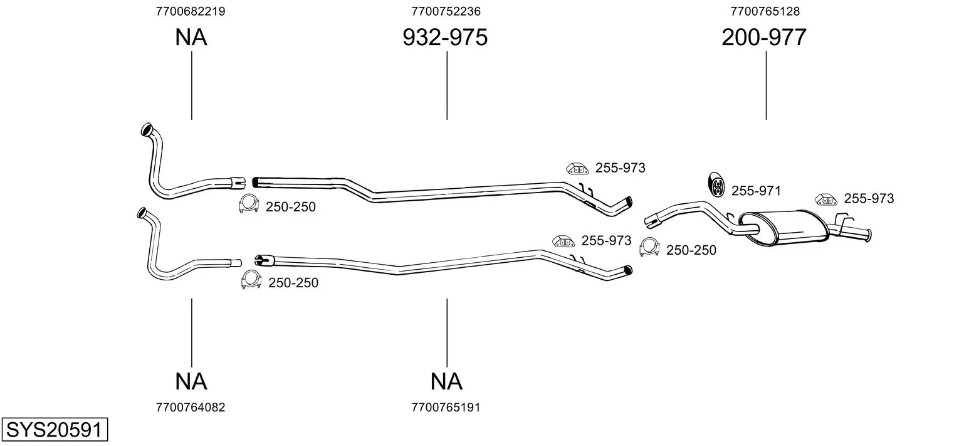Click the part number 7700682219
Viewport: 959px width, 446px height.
point(191,11)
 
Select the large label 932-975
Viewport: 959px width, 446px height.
point(445,37)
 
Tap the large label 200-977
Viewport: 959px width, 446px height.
point(764,37)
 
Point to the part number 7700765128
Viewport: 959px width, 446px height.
point(765,11)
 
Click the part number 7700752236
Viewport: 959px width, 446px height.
point(446,11)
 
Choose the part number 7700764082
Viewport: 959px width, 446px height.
point(191,407)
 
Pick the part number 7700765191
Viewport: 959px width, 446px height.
point(446,407)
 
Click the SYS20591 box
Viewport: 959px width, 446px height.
point(55,429)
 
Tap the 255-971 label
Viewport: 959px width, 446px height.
point(756,191)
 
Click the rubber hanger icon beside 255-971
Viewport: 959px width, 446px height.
point(716,184)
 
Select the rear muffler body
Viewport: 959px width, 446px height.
point(784,227)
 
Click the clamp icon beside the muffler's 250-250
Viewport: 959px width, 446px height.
point(649,247)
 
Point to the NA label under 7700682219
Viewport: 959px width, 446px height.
point(191,37)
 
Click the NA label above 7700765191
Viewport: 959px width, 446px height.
point(446,381)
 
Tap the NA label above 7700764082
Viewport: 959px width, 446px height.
point(191,381)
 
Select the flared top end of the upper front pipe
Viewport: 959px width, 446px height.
point(147,129)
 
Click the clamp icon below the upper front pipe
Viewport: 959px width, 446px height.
point(249,204)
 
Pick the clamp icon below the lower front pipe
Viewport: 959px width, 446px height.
point(251,280)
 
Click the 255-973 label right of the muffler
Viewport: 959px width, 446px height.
point(869,198)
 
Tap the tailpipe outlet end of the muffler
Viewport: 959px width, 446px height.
point(869,235)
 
